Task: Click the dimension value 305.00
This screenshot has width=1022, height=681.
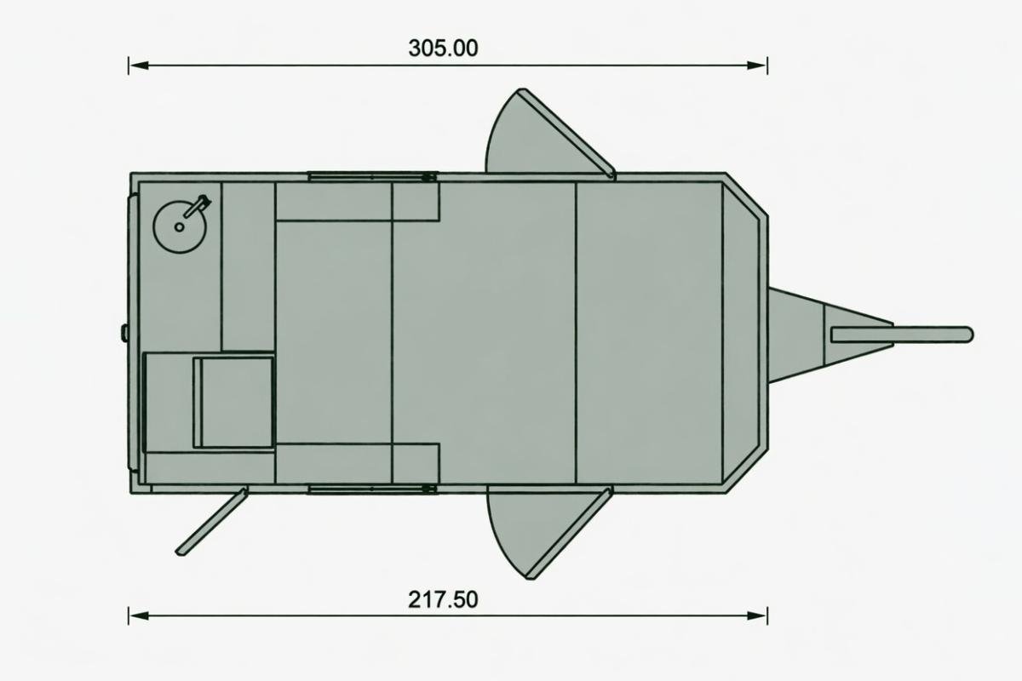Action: [443, 49]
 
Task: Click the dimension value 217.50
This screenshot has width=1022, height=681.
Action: [443, 599]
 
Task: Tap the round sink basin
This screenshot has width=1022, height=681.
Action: [180, 226]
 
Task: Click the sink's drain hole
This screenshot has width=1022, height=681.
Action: [180, 226]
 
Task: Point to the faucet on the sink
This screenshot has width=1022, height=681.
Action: [197, 206]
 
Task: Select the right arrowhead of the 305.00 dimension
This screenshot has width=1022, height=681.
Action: [757, 66]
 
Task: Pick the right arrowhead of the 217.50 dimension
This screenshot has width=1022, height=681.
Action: [757, 615]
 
